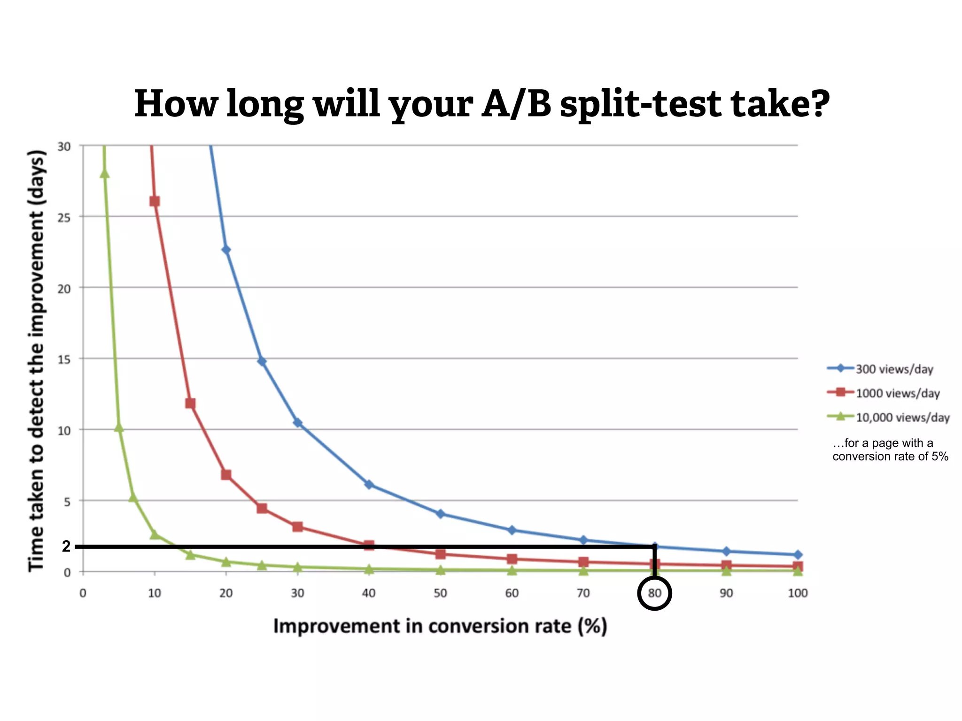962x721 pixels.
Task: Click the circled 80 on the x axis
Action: point(654,593)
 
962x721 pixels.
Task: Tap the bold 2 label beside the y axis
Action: point(66,546)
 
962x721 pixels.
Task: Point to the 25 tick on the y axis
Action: point(64,218)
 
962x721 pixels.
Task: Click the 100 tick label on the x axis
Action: point(798,593)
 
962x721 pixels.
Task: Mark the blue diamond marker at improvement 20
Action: point(226,250)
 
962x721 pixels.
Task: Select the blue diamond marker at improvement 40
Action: point(369,484)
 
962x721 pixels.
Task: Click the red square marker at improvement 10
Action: point(155,201)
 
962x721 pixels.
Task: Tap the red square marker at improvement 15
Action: point(190,404)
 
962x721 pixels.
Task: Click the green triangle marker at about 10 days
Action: point(119,428)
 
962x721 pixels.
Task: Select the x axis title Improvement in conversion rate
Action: point(440,627)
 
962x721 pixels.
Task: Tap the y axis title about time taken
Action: point(37,360)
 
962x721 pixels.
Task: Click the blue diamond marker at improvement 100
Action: point(798,555)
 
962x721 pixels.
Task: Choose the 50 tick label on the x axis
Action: point(440,593)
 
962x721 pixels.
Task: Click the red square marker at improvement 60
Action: point(512,559)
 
